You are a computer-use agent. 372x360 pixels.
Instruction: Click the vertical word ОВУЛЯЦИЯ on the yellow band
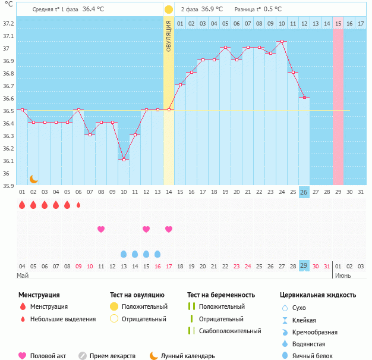point(169,36)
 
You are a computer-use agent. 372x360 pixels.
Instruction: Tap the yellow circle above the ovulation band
point(169,10)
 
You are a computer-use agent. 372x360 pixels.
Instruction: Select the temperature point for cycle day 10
point(124,159)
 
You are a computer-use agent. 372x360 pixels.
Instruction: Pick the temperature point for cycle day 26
point(304,98)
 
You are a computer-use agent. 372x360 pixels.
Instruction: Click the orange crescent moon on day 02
point(34,179)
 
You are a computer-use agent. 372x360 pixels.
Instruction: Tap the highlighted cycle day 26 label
point(304,192)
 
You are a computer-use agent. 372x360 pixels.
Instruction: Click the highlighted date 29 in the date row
point(304,266)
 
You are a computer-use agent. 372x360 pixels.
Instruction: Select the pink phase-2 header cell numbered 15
point(338,23)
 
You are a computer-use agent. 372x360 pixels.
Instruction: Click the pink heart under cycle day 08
point(101,229)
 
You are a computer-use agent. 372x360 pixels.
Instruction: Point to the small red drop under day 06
point(78,205)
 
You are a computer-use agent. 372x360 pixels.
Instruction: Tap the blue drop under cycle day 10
point(124,254)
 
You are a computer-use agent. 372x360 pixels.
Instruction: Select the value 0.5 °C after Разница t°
point(273,10)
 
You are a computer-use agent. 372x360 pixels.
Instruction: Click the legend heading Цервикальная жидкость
point(318,295)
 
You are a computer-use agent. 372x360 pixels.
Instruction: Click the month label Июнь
point(343,276)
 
